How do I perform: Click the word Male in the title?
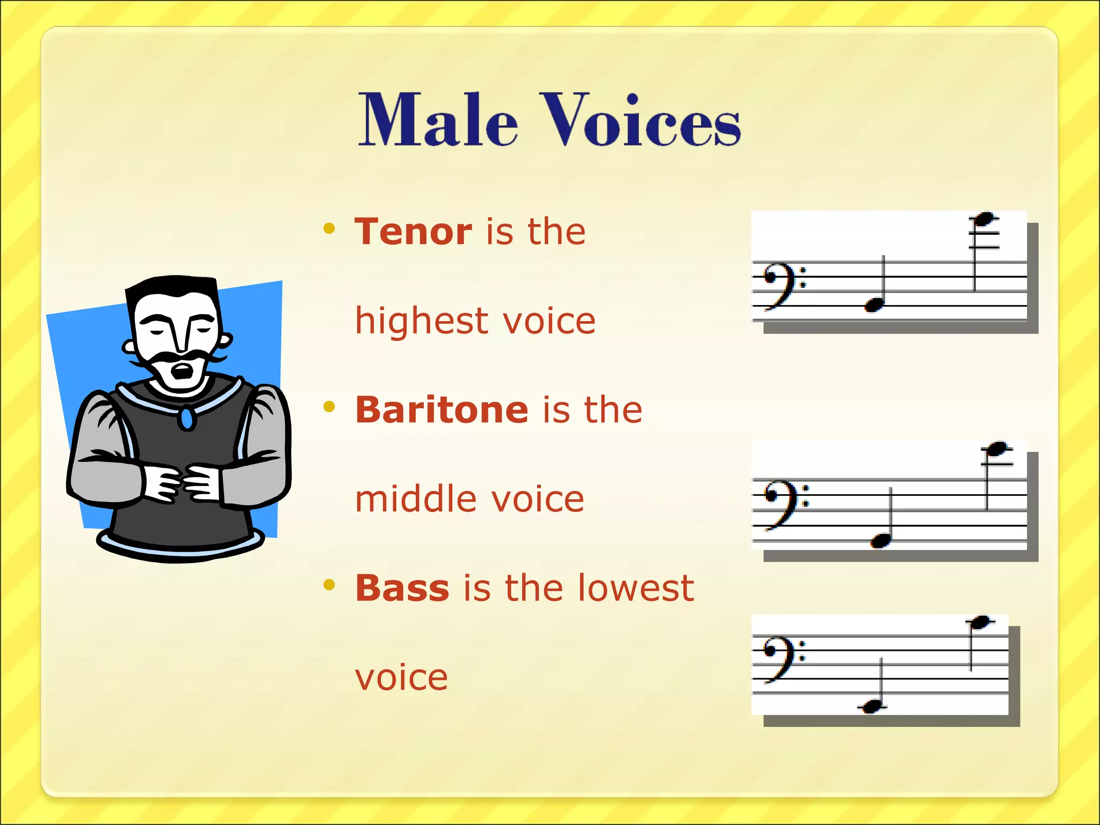[x=438, y=119]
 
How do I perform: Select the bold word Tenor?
[x=413, y=231]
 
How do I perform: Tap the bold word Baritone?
[x=442, y=410]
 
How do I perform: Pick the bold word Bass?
[x=402, y=588]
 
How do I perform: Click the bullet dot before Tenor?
[x=329, y=229]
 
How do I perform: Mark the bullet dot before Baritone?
[x=329, y=407]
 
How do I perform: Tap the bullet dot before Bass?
[x=329, y=585]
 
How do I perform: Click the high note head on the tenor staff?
[x=985, y=219]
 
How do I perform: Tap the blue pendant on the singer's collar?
[x=187, y=419]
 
